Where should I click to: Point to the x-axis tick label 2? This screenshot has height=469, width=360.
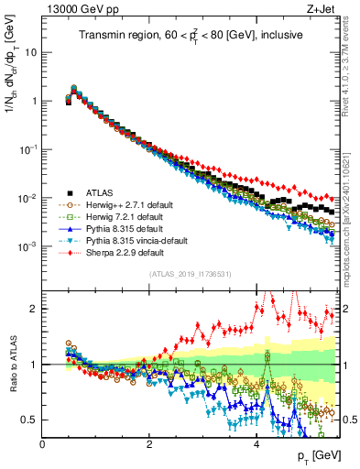pos(149,444)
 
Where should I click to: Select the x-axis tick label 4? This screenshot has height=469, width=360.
pos(256,444)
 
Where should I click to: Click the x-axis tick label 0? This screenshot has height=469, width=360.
pos(43,444)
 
